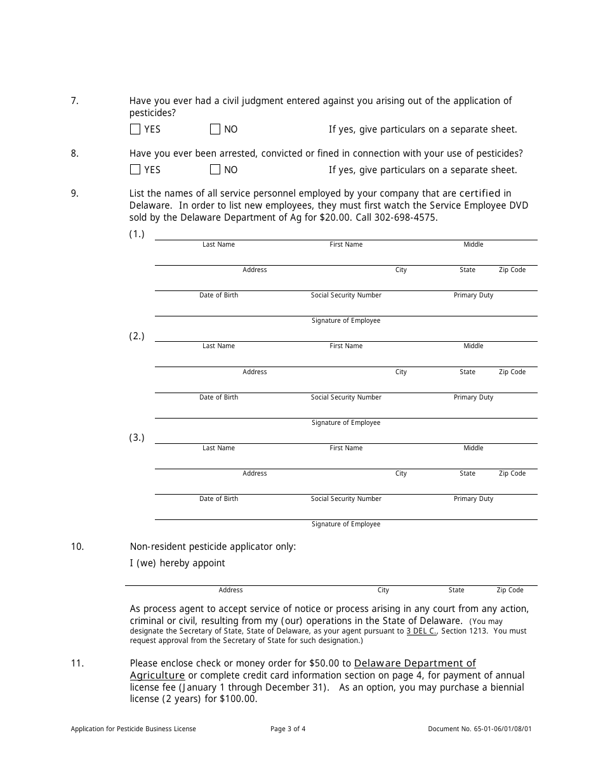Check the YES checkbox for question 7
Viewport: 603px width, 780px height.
[x=135, y=129]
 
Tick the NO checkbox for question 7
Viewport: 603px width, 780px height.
[x=215, y=129]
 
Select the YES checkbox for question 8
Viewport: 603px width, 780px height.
[x=135, y=169]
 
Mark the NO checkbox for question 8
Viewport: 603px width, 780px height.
[x=215, y=169]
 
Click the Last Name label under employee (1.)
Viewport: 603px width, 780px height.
[x=218, y=245]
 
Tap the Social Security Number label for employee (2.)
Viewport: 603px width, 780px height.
[x=346, y=398]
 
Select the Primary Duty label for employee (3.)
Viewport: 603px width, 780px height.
[x=473, y=499]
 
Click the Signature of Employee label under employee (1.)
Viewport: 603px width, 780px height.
[x=346, y=321]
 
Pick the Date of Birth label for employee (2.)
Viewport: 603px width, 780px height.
[x=218, y=398]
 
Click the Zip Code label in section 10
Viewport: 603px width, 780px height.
[x=510, y=590]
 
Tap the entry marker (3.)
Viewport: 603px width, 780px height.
[x=137, y=438]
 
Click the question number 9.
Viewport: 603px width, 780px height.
[x=75, y=193]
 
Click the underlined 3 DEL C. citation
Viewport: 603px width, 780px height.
[x=421, y=631]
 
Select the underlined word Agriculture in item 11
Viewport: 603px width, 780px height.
[x=157, y=675]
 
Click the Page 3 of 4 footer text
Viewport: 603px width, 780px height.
[x=288, y=729]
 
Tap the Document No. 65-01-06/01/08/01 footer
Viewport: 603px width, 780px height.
[x=480, y=729]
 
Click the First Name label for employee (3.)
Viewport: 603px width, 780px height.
[x=346, y=448]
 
